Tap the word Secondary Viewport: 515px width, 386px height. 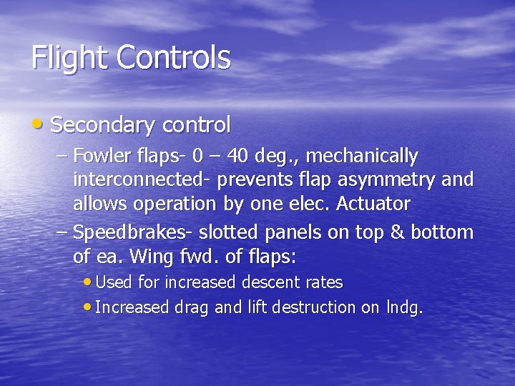104,126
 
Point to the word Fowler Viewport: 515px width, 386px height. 100,155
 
